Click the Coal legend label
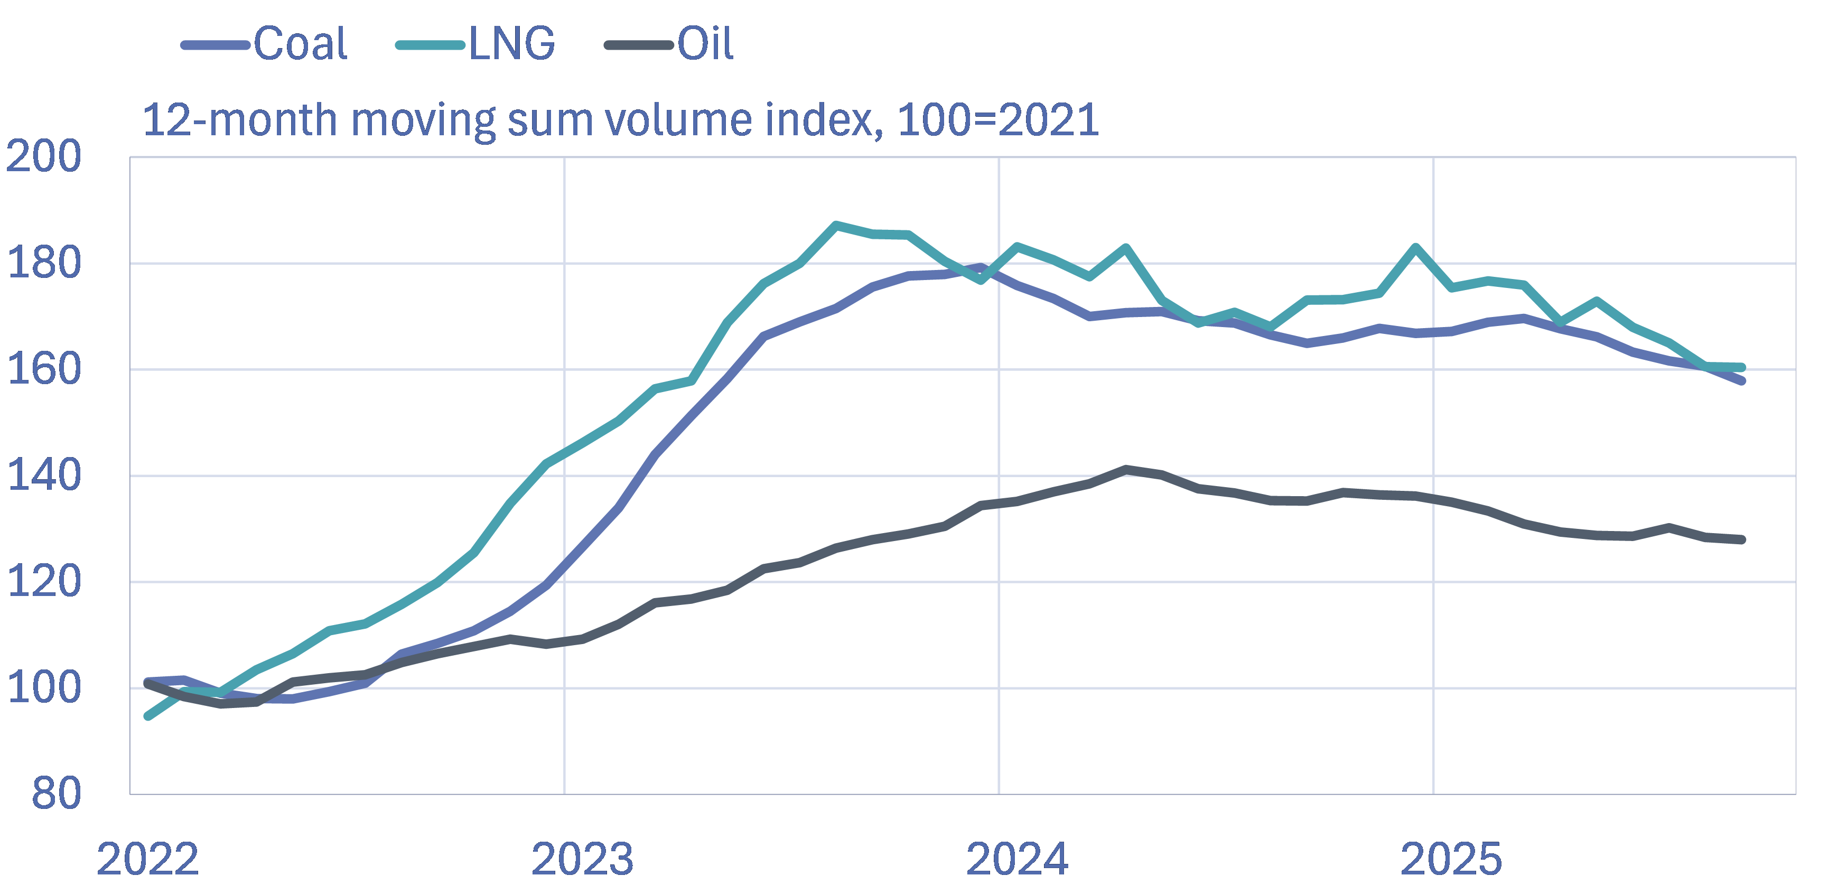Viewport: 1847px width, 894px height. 301,44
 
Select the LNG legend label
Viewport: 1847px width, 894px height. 512,44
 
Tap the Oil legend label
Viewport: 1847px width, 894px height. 705,44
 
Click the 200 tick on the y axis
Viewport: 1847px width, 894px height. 43,156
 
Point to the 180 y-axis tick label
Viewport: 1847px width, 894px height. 43,263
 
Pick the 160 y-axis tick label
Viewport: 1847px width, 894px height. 43,369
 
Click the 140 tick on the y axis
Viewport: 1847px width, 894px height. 43,476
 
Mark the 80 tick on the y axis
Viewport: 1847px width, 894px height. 56,794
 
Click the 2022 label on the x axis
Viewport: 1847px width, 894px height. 148,859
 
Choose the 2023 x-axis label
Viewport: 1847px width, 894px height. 582,859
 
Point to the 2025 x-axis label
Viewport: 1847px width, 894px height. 1451,859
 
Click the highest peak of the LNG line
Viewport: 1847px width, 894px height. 836,225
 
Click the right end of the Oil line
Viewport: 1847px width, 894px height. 1741,539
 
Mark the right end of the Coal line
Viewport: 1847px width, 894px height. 1741,380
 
